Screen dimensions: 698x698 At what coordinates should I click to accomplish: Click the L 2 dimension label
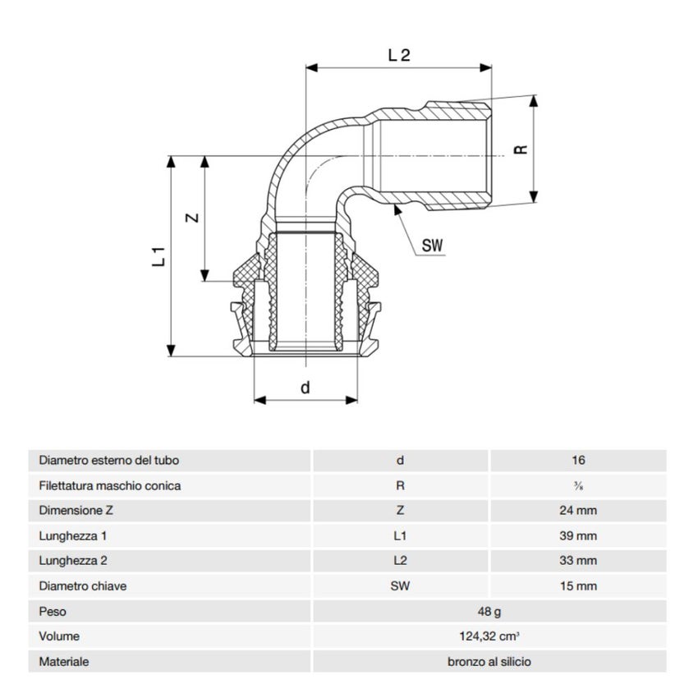399,56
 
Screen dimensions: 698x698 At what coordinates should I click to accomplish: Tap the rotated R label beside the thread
519,150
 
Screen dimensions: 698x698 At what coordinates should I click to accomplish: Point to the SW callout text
432,245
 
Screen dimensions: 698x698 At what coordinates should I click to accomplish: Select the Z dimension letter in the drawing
190,218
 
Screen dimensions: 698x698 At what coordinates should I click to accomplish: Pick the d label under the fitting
305,388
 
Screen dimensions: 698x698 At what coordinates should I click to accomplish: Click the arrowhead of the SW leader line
397,210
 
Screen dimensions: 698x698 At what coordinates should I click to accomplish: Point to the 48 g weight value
489,612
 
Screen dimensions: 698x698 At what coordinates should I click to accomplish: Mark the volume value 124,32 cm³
489,636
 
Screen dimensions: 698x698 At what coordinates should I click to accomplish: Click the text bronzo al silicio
489,662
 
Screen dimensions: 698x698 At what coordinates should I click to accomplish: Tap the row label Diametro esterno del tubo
109,461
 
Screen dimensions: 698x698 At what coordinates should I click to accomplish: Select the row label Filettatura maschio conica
110,485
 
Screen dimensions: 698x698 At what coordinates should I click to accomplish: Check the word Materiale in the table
64,662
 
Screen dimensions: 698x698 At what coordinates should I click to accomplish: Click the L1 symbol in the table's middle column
400,535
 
